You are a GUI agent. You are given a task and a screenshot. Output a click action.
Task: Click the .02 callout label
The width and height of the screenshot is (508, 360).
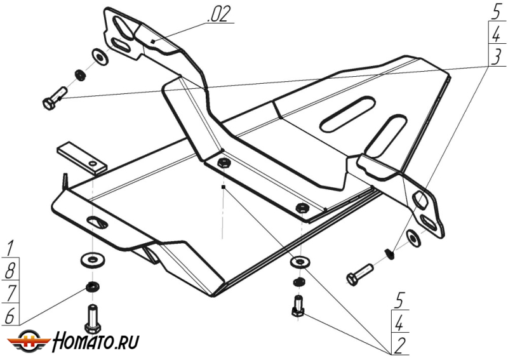coord(219,15)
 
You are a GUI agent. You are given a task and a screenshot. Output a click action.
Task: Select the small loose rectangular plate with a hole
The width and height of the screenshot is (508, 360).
coord(82,159)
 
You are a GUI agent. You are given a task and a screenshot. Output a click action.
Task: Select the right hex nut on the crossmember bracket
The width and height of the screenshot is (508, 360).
coord(302,207)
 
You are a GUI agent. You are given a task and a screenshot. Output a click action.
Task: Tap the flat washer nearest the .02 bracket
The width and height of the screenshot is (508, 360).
coord(100,57)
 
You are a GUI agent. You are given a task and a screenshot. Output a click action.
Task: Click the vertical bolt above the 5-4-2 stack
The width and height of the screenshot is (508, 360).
coord(297,307)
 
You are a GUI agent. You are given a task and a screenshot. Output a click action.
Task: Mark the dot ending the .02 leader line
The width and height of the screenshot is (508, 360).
coord(153,41)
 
